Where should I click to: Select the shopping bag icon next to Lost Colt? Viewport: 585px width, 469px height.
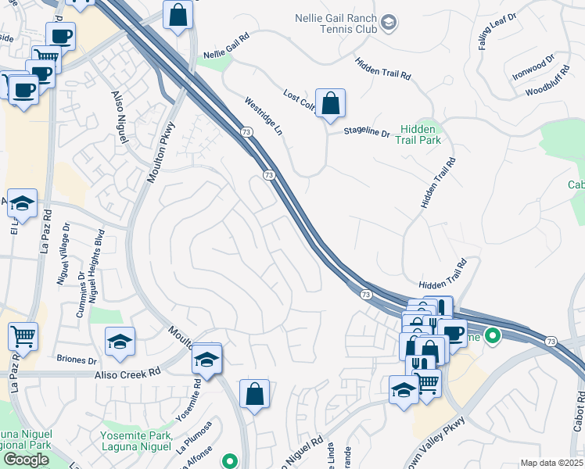(331, 103)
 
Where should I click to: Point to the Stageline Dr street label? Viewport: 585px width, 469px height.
(367, 133)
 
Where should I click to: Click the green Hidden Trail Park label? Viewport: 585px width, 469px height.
(421, 134)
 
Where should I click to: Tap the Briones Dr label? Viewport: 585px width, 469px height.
(77, 360)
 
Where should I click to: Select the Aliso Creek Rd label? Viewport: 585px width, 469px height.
(129, 374)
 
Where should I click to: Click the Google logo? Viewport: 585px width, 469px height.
(26, 460)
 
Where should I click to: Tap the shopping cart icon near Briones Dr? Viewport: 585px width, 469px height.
(23, 337)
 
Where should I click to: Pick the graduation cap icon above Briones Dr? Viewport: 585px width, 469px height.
(120, 342)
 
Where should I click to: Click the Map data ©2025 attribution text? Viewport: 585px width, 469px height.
(551, 463)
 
